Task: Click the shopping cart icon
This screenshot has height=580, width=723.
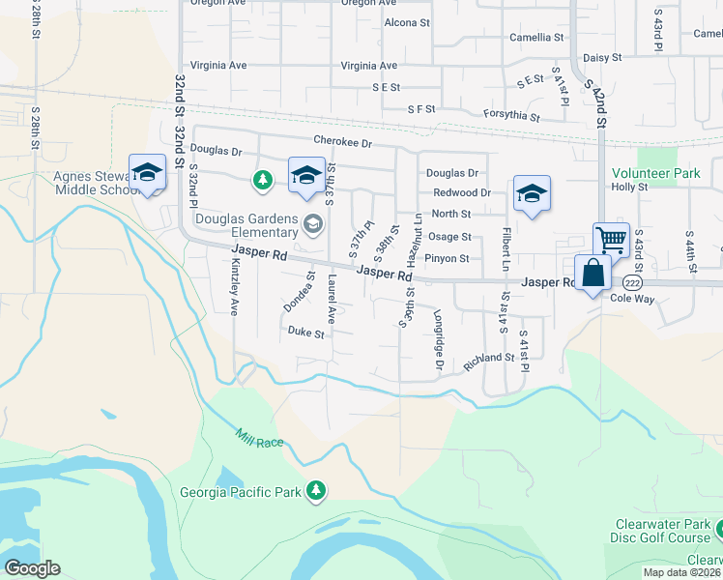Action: (611, 239)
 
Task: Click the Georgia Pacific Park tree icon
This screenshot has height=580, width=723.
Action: (315, 491)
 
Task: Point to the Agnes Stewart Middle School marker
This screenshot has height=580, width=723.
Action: (147, 173)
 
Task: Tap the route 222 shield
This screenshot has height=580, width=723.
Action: (632, 282)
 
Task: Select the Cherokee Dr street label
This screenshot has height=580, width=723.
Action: (342, 143)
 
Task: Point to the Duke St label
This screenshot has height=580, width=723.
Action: (305, 332)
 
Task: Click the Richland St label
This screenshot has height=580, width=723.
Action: (489, 359)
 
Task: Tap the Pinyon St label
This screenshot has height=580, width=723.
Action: (448, 259)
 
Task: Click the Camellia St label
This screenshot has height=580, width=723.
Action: (536, 38)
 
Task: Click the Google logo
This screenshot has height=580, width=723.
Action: (32, 568)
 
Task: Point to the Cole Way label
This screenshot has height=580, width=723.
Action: (632, 299)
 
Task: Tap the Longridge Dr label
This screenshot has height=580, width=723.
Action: (438, 340)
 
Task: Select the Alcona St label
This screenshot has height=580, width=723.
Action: (407, 22)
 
